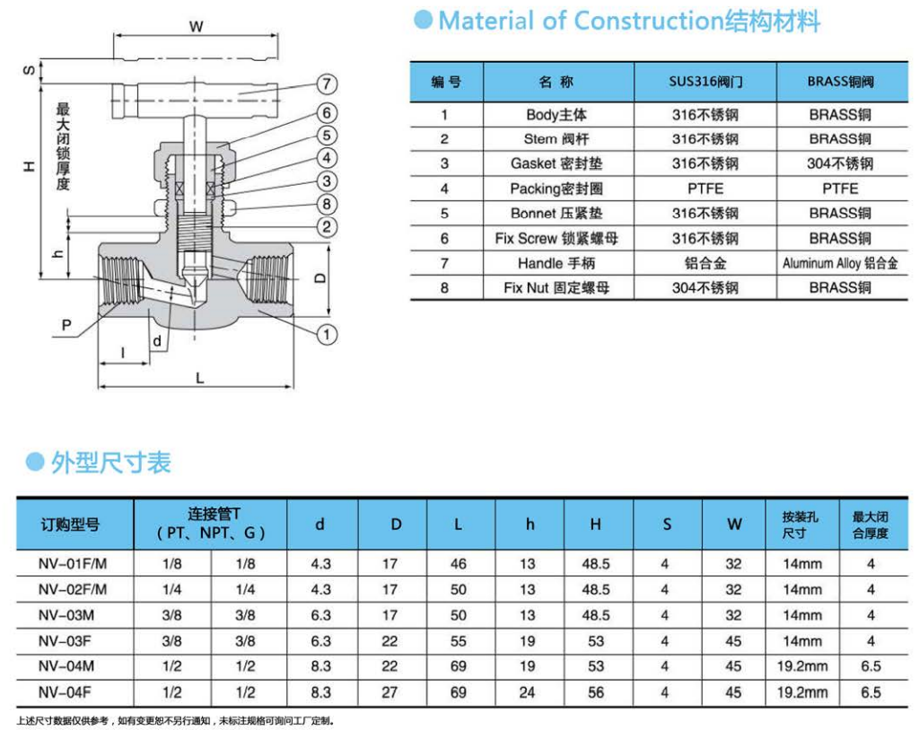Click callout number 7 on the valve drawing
(327, 85)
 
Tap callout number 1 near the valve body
(327, 334)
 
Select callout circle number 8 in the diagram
(327, 205)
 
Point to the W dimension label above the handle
(196, 27)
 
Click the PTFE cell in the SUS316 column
(705, 189)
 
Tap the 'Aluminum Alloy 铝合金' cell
(839, 263)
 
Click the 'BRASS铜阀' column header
(839, 82)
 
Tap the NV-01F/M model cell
(73, 564)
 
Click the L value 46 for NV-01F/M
(459, 564)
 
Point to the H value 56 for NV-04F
(596, 692)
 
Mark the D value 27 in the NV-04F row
(389, 692)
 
